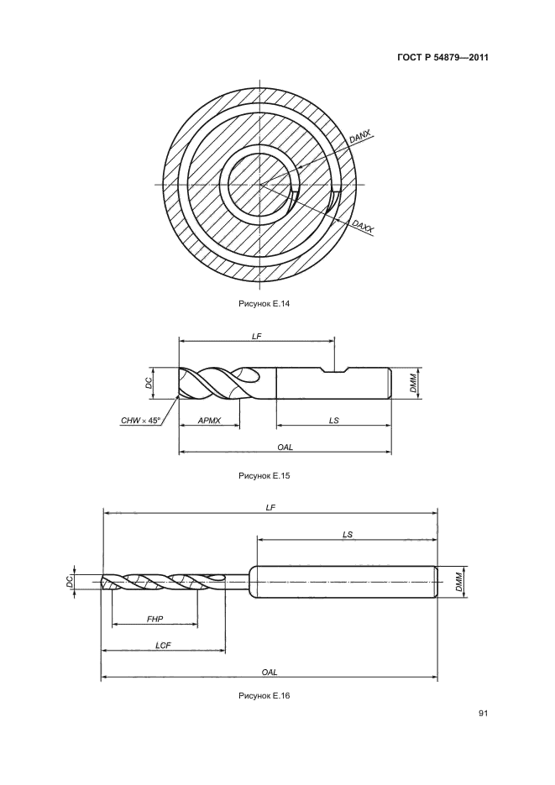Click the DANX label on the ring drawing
coord(359,137)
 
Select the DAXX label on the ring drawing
coord(363,227)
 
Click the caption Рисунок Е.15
coord(264,475)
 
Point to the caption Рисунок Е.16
coord(264,695)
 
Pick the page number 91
coord(483,714)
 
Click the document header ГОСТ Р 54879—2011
coord(442,58)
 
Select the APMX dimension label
coord(209,421)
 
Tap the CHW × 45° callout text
coord(140,421)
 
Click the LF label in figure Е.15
coord(257,337)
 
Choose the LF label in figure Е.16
coord(270,508)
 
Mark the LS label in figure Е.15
coord(334,421)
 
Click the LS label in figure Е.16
coord(348,534)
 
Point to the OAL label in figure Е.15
coord(285,447)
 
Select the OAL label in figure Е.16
coord(270,672)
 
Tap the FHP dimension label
coord(154,620)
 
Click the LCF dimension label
coord(163,646)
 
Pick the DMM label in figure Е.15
coord(413,383)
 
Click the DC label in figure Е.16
coord(70,581)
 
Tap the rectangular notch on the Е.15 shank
coord(335,370)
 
